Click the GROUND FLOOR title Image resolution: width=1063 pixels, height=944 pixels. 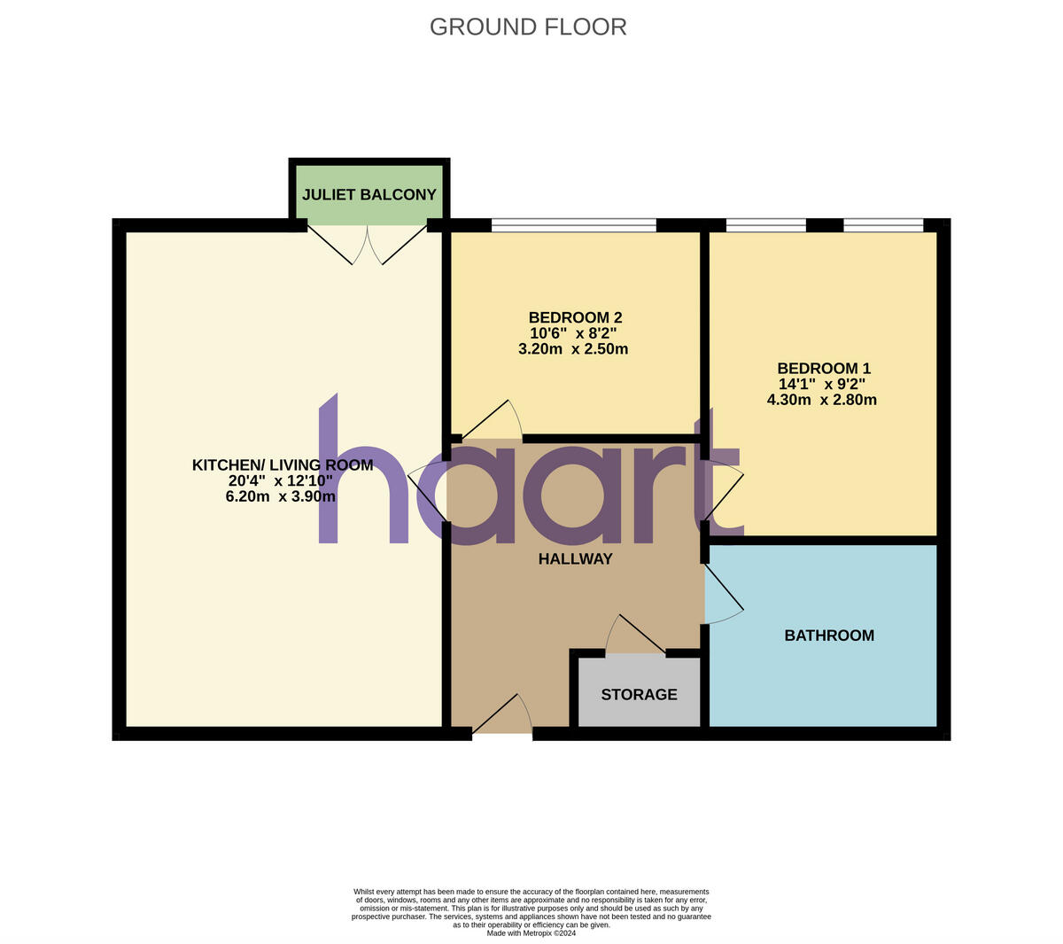pyautogui.click(x=528, y=27)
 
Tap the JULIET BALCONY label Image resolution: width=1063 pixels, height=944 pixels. pyautogui.click(x=369, y=194)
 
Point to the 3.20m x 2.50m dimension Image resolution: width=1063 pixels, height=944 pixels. pyautogui.click(x=573, y=349)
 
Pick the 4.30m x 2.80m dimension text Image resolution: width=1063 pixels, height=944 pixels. pyautogui.click(x=822, y=400)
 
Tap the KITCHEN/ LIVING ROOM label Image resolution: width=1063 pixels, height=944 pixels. pyautogui.click(x=283, y=464)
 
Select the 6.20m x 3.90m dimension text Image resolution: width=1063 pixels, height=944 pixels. pyautogui.click(x=281, y=496)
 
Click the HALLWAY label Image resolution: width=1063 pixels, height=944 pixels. pyautogui.click(x=576, y=558)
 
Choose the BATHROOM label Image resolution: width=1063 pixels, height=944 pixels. pyautogui.click(x=829, y=636)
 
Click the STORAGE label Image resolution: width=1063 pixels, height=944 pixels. pyautogui.click(x=639, y=695)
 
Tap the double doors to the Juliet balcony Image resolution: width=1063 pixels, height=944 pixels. pyautogui.click(x=368, y=244)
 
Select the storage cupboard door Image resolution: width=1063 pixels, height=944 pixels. pyautogui.click(x=635, y=636)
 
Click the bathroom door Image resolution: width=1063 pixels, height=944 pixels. pyautogui.click(x=723, y=594)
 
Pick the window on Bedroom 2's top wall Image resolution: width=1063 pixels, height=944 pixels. pyautogui.click(x=574, y=225)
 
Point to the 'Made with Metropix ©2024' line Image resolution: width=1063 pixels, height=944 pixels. pyautogui.click(x=531, y=932)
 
